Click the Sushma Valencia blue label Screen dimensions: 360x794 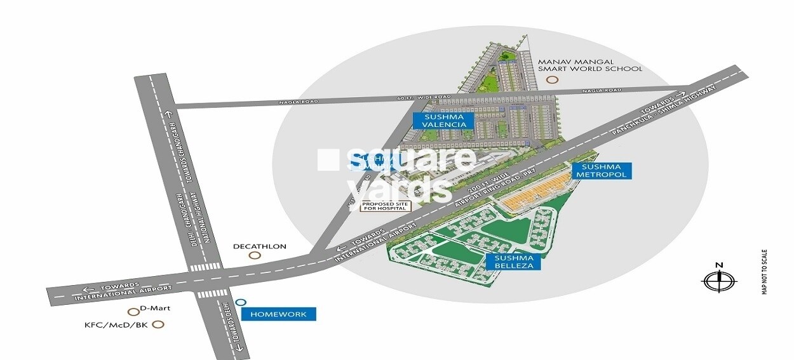(444, 121)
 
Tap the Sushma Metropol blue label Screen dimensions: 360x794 (600, 170)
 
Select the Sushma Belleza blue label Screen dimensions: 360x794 (514, 262)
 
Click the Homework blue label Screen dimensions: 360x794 (279, 314)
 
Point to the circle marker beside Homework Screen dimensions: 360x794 (240, 303)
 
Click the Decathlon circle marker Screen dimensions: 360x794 (255, 256)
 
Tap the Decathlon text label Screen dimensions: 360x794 (260, 246)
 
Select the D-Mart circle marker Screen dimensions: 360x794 (133, 312)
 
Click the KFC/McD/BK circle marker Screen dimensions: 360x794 (159, 324)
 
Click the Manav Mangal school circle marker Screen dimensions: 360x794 (552, 80)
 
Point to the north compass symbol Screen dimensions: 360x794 (718, 279)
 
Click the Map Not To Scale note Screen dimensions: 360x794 (765, 271)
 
